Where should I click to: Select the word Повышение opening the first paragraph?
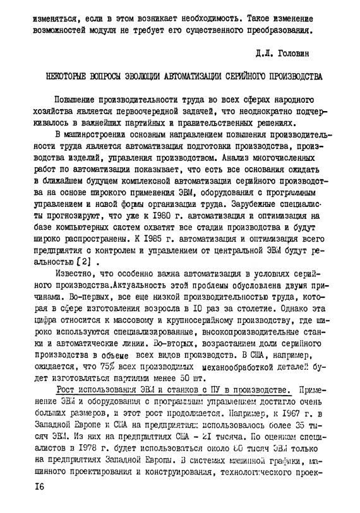(x=78, y=99)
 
